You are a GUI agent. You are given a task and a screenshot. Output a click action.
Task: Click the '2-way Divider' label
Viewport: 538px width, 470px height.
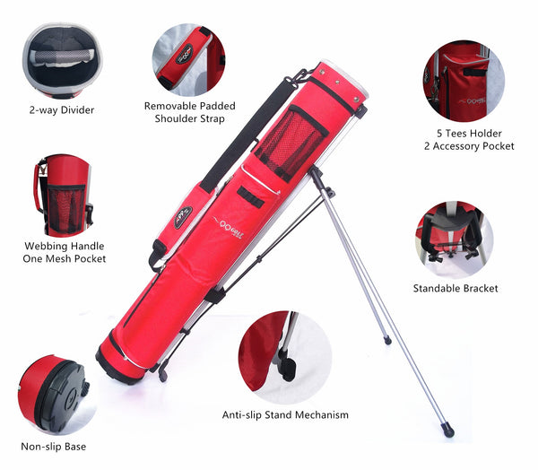tap(62, 110)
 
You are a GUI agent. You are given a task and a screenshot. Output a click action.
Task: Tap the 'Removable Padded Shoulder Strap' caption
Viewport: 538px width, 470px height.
tap(190, 112)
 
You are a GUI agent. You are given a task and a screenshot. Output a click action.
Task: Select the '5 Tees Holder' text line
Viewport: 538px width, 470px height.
tap(469, 134)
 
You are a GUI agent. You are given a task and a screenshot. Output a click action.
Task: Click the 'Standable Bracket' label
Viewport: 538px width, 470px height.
tap(456, 289)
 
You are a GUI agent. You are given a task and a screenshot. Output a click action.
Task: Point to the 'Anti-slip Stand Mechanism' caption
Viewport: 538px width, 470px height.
tap(285, 415)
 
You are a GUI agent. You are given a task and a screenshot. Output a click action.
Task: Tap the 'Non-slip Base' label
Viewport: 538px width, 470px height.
tap(54, 447)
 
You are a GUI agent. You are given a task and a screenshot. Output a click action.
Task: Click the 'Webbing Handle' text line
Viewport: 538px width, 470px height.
tap(65, 246)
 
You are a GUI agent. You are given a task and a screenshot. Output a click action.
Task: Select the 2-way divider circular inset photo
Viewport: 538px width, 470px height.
tap(63, 61)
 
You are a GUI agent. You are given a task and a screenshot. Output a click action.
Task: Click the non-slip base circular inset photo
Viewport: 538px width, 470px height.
tap(55, 394)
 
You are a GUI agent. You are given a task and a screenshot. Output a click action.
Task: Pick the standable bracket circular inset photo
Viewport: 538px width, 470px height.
tap(454, 239)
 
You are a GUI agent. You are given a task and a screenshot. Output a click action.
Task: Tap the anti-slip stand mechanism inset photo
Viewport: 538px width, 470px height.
tap(284, 357)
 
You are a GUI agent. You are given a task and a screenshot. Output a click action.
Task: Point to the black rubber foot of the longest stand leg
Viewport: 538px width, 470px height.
tap(448, 431)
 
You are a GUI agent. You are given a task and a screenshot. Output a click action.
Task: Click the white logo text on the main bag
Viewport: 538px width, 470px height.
tap(227, 227)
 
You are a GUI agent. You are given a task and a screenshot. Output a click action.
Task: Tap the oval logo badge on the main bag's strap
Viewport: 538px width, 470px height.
tap(183, 217)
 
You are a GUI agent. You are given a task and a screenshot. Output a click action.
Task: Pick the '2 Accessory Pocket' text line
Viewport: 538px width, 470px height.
tap(469, 146)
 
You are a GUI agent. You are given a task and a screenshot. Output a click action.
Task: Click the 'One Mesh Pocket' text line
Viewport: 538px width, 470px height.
tap(65, 259)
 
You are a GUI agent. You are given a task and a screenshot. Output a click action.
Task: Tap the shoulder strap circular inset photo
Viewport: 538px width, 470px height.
tap(188, 60)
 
